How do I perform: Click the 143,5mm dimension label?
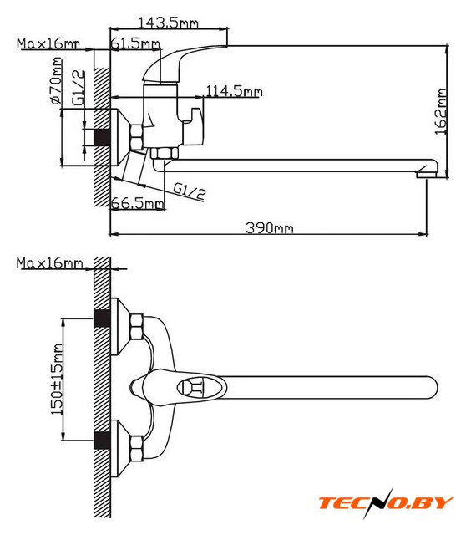click(168, 23)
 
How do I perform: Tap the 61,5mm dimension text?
click(135, 43)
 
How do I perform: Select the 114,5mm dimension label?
click(234, 91)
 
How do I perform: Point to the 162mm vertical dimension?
click(441, 112)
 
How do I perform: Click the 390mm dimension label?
click(269, 227)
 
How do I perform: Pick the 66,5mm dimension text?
click(138, 204)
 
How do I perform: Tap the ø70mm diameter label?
click(56, 80)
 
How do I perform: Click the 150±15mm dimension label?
click(57, 379)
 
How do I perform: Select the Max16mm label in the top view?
click(48, 43)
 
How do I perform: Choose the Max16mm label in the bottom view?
click(50, 263)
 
